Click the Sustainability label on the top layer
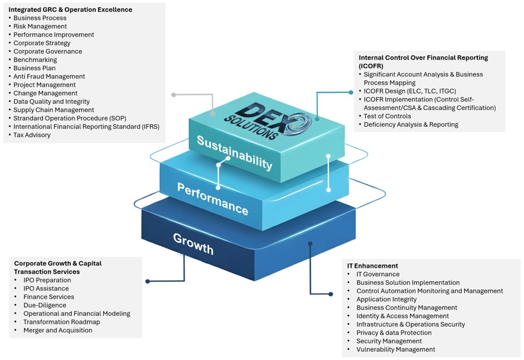pyautogui.click(x=234, y=152)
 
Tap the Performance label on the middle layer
pyautogui.click(x=212, y=198)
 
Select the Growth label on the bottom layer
pyautogui.click(x=193, y=244)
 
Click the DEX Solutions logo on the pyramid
pyautogui.click(x=276, y=121)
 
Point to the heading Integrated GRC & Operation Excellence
pyautogui.click(x=70, y=10)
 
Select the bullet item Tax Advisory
pyautogui.click(x=32, y=135)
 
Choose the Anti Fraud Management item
pyautogui.click(x=49, y=76)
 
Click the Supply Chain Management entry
pyautogui.click(x=54, y=110)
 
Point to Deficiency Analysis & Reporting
pyautogui.click(x=411, y=124)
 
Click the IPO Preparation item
pyautogui.click(x=47, y=280)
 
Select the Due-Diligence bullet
pyautogui.click(x=44, y=305)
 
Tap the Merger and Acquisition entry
pyautogui.click(x=58, y=330)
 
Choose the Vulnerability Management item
pyautogui.click(x=395, y=349)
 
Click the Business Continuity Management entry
pyautogui.click(x=407, y=307)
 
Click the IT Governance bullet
pyautogui.click(x=378, y=274)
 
